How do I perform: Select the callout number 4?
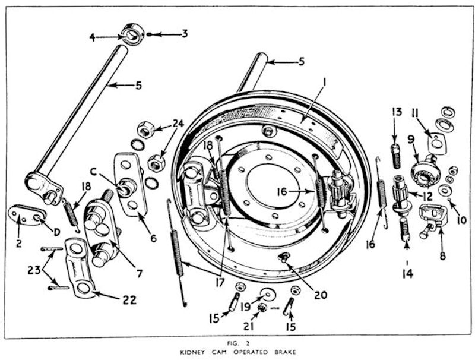tap(93, 37)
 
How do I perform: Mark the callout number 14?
tap(407, 274)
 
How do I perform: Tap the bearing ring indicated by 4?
tap(132, 34)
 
